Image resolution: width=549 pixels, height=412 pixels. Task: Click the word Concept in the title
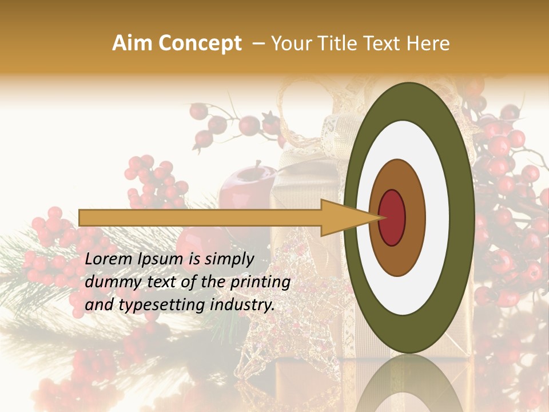[x=200, y=44]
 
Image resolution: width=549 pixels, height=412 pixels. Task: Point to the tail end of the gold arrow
[x=81, y=217]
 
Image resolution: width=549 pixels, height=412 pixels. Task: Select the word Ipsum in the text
[x=162, y=260]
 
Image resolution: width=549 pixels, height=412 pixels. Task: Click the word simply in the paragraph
[x=229, y=260]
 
